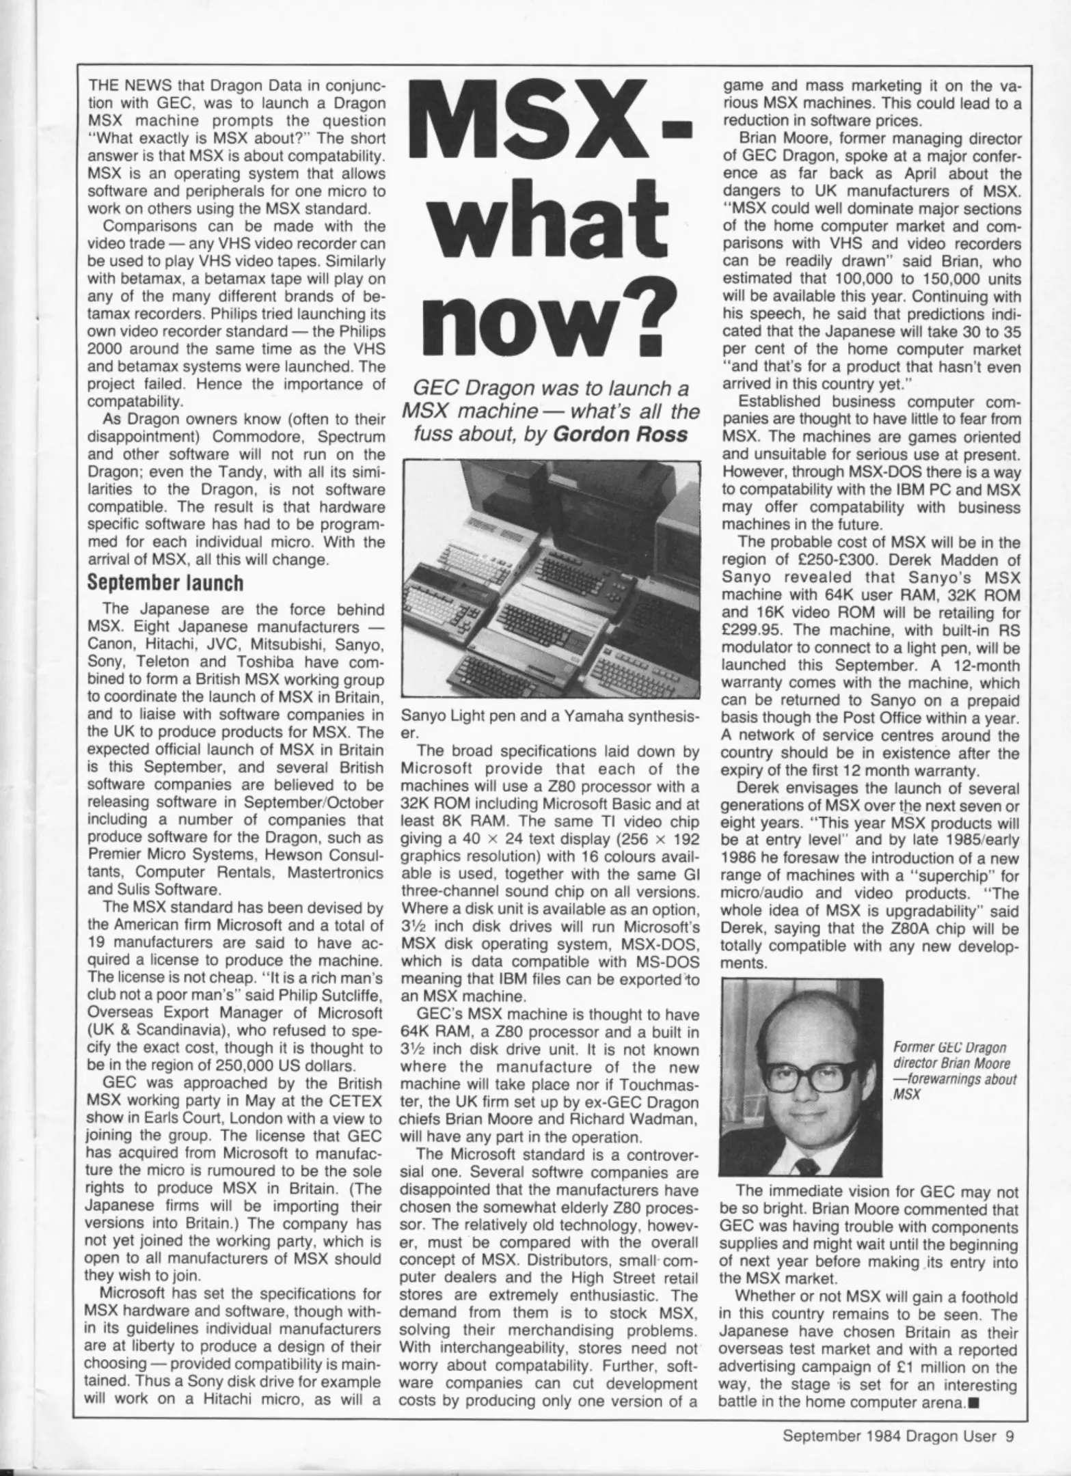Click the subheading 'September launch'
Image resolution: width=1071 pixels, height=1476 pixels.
166,583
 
